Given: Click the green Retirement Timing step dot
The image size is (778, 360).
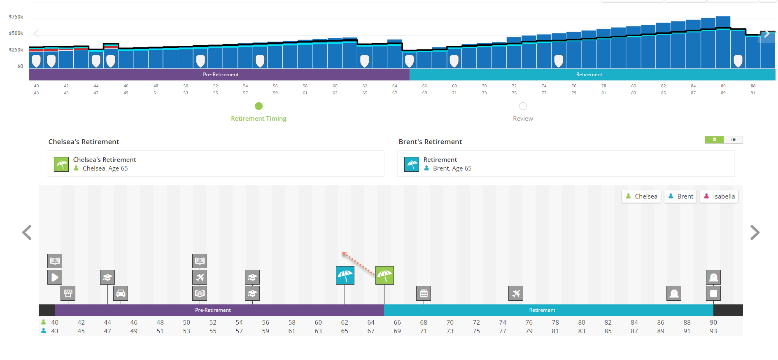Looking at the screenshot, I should pos(259,106).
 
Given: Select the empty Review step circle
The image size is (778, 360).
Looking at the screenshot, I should pos(523,106).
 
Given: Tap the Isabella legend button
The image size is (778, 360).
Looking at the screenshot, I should pos(719,196).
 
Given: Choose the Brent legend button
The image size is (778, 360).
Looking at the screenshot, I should pos(680,196).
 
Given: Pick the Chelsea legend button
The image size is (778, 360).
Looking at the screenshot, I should pos(641,196).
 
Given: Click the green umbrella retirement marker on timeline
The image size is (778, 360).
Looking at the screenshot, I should pos(384,275).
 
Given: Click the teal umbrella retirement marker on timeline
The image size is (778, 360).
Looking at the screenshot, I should pos(345,275).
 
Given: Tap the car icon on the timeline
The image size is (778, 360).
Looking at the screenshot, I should pos(121,293).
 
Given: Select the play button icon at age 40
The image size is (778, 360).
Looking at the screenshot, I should pos(55,277).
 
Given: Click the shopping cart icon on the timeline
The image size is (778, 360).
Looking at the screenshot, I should pos(68,293).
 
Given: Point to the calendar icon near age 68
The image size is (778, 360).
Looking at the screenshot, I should pos(424,293).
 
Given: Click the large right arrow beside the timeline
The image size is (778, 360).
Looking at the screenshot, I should pos(755,232).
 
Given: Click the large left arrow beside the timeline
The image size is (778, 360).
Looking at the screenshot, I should pos(27,232).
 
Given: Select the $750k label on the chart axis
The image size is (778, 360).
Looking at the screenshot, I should pos(16,17).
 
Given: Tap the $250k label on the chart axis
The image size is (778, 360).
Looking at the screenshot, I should pos(16,50).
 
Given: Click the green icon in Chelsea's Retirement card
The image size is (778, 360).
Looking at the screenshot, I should pos(61,164).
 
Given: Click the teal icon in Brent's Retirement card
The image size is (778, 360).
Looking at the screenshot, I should pos(412,164).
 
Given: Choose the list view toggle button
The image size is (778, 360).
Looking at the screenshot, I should pos(733,140).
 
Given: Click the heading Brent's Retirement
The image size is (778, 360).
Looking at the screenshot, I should pos(430,142).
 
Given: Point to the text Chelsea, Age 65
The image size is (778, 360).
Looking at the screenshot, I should pos(105,168).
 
